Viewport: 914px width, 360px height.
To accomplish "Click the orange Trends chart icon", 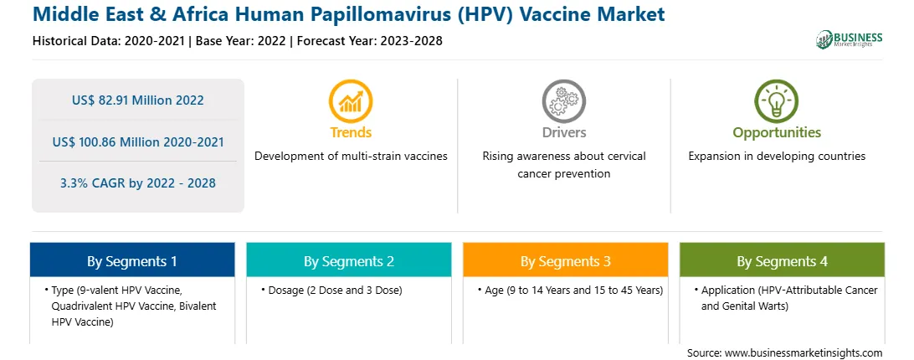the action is [x=351, y=101].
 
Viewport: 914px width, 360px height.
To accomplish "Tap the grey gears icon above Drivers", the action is [x=563, y=101].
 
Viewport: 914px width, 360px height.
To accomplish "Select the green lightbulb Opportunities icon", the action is [x=777, y=101].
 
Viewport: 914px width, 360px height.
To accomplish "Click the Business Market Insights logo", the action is [x=849, y=39].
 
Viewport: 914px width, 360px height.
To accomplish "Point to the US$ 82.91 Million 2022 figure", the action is [x=138, y=100].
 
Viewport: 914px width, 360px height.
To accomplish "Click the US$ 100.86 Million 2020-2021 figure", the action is [x=138, y=141].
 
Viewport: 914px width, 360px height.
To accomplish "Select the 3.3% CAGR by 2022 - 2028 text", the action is [x=138, y=183].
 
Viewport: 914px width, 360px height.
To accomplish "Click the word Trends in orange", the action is [x=351, y=132].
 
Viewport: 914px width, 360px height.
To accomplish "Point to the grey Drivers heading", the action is [x=564, y=132].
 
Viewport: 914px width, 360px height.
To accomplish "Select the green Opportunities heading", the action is [x=777, y=133].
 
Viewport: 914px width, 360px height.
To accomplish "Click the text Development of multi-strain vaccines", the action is [x=351, y=157].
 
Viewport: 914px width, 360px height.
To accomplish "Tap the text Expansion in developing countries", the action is [x=777, y=157].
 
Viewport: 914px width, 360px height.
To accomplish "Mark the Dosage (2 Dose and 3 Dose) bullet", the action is [x=335, y=290].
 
